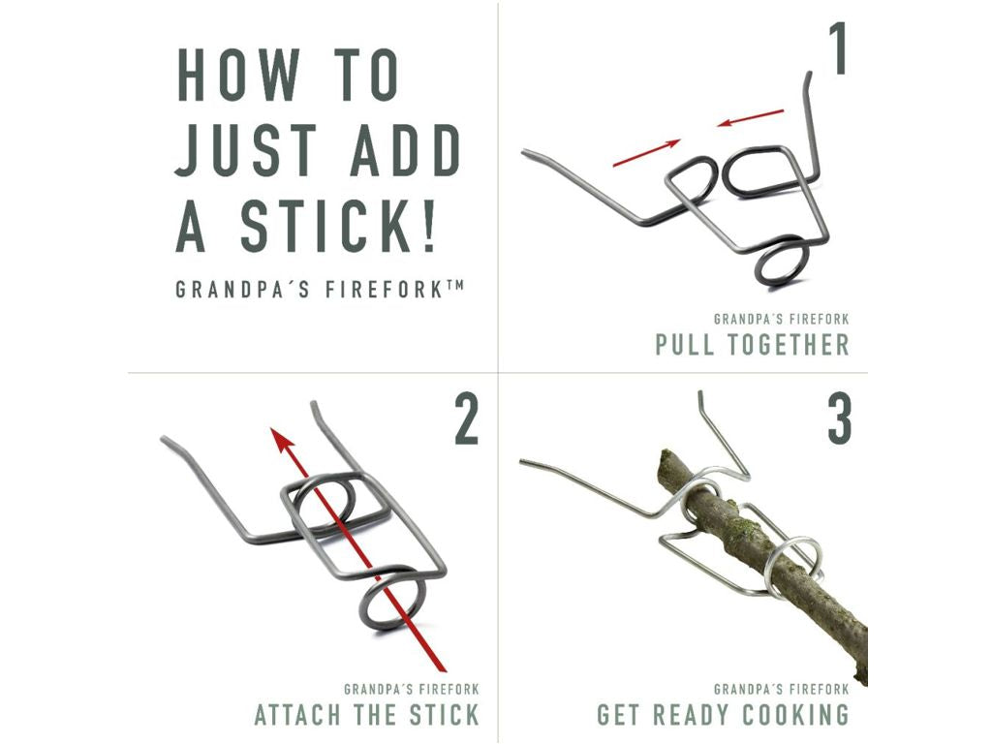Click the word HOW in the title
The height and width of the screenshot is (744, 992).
(x=238, y=75)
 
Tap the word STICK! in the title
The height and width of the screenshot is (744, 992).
(x=338, y=226)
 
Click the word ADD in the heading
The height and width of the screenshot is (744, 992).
(x=406, y=150)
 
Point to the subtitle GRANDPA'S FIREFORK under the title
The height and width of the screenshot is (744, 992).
(x=320, y=289)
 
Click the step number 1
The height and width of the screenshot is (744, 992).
(x=838, y=48)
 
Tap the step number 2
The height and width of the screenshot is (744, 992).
(x=466, y=419)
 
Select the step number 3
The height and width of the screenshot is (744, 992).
(x=840, y=419)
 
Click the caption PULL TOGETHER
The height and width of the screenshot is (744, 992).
(x=752, y=345)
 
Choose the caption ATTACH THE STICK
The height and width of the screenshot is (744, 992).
(x=367, y=715)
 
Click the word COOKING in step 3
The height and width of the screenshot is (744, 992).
(x=795, y=715)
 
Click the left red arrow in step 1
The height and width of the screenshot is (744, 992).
(x=646, y=153)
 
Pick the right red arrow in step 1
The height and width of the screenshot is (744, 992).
(x=750, y=117)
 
